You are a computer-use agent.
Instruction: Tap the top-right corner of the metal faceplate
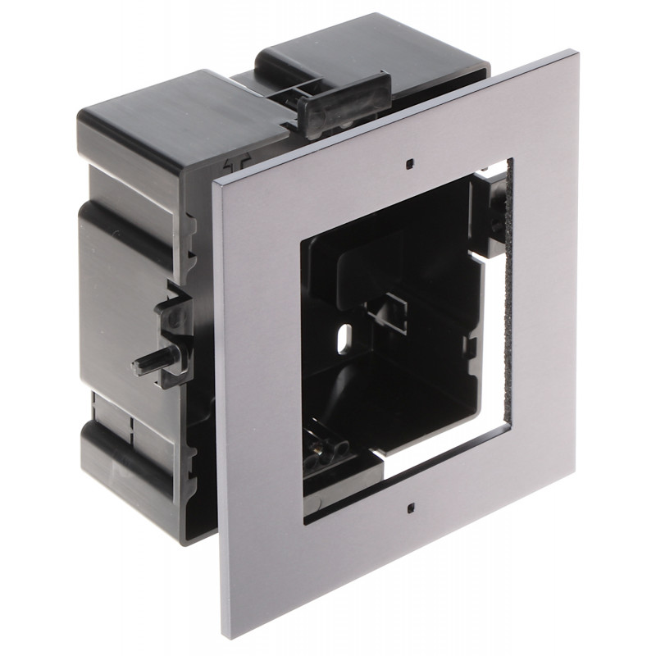click(574, 54)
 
